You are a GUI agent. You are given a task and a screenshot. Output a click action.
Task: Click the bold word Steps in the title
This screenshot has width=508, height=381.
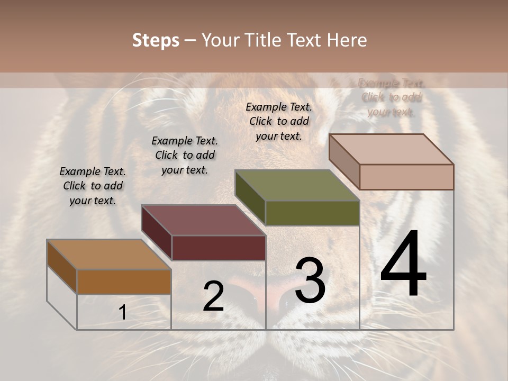(156, 40)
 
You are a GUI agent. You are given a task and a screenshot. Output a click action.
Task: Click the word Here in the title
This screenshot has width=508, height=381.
(347, 40)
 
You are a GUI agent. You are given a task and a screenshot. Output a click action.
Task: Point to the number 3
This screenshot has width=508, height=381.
(310, 280)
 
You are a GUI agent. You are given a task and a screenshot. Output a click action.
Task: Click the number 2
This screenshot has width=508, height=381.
(213, 296)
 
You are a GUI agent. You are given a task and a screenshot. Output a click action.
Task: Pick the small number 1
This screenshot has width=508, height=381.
(123, 313)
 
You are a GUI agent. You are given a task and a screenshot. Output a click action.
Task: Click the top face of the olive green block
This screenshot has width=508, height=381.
(297, 185)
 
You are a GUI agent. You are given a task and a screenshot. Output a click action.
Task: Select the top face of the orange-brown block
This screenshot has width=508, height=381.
(109, 255)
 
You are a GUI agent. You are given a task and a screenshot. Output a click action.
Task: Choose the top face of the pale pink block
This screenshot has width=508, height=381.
(391, 149)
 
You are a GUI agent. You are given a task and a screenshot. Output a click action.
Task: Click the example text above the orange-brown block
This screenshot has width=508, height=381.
(93, 186)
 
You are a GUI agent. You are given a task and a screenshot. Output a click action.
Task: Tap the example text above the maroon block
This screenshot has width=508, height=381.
(185, 155)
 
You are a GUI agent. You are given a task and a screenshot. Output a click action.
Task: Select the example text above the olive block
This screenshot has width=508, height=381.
(279, 121)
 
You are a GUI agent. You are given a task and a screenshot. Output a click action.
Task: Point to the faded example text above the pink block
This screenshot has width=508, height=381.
(391, 97)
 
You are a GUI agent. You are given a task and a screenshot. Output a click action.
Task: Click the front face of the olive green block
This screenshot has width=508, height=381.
(312, 213)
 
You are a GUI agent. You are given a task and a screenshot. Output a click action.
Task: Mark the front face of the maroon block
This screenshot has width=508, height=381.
(219, 248)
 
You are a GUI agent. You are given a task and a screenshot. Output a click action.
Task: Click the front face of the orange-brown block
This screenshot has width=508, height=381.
(124, 282)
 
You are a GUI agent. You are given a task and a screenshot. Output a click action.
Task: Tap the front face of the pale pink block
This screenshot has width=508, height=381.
(406, 177)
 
